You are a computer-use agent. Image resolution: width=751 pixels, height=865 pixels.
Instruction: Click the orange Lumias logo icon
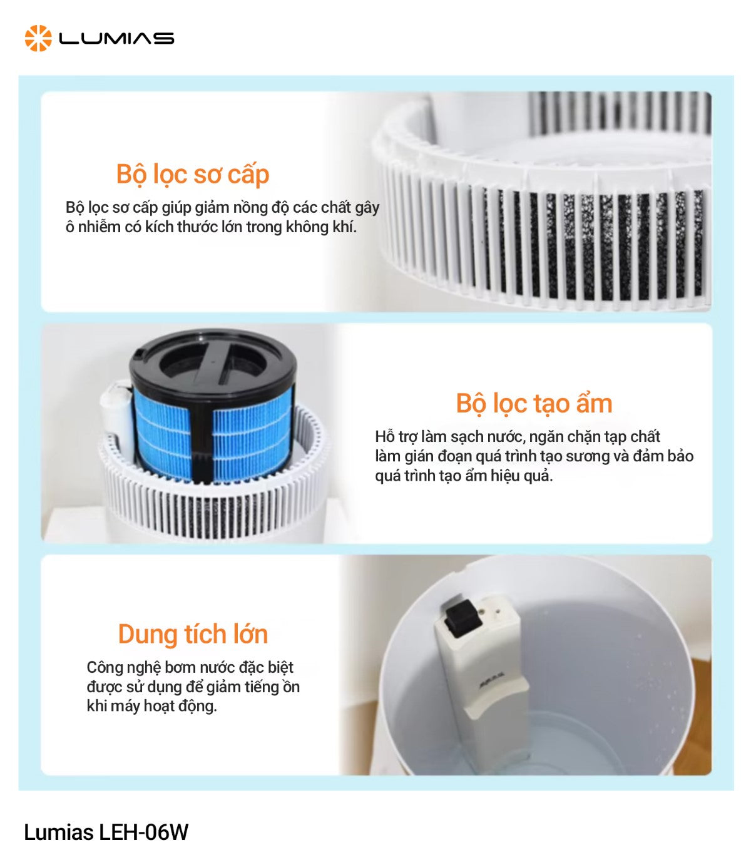[x=38, y=38]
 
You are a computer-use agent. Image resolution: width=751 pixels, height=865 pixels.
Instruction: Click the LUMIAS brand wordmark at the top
[x=116, y=38]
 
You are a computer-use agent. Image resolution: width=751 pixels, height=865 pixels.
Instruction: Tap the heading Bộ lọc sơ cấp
[x=193, y=174]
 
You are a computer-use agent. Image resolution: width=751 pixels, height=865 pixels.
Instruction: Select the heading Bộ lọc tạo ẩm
[x=534, y=403]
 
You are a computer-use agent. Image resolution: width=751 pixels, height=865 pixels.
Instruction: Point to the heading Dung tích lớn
[x=193, y=634]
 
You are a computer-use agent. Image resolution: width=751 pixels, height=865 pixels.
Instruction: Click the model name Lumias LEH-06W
[x=106, y=832]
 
